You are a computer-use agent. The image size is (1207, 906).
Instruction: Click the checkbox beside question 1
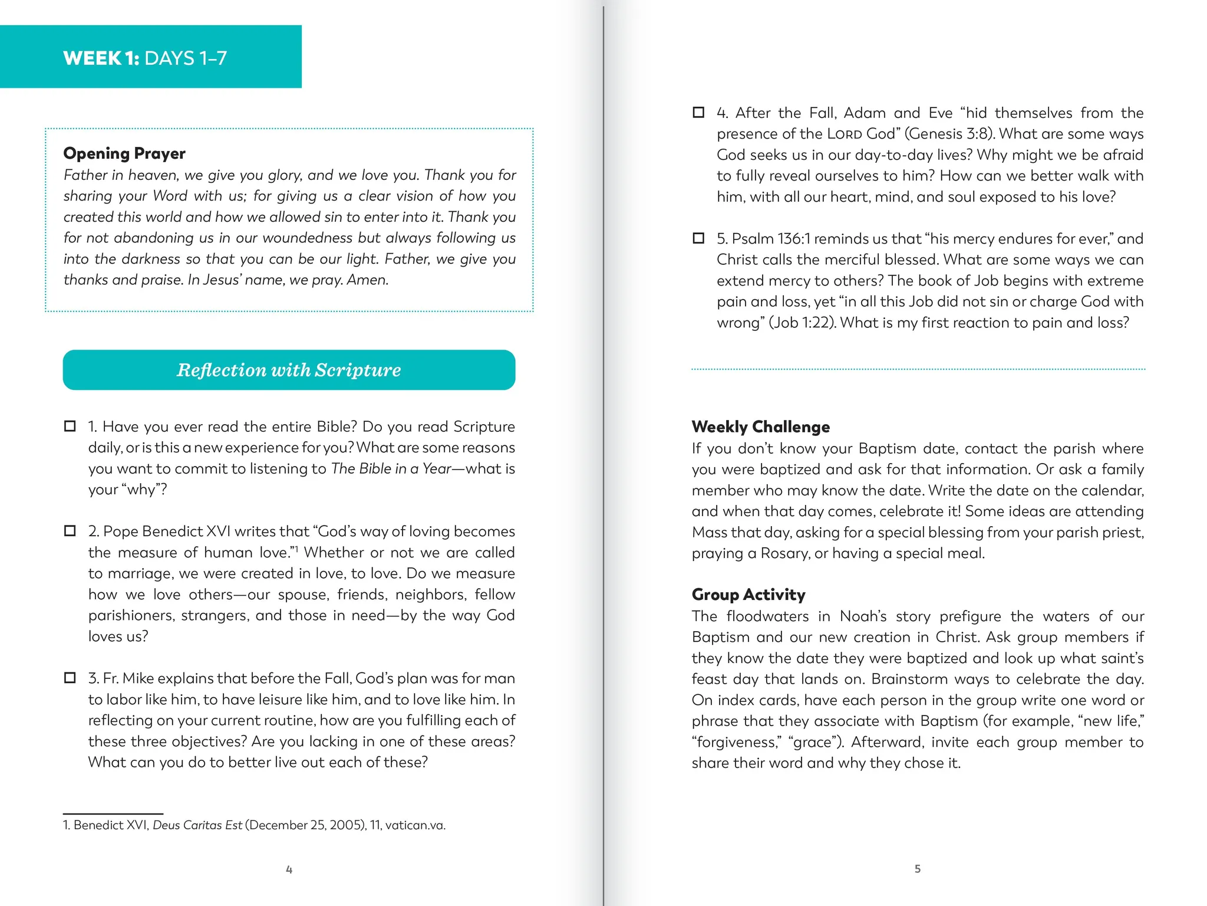[70, 426]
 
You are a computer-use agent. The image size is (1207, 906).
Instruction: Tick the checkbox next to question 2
[70, 531]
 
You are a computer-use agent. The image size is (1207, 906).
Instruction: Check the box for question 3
[70, 678]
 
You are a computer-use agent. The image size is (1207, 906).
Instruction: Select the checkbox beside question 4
[698, 112]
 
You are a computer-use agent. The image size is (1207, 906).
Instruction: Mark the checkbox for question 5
[698, 238]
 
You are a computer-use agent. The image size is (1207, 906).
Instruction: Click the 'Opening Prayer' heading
[124, 153]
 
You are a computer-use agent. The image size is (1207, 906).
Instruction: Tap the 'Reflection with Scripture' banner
[289, 370]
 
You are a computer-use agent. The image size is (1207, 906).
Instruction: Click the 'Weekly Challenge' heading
[760, 426]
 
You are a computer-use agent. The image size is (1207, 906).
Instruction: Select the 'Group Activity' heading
[748, 594]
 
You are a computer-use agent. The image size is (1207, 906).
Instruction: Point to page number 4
[289, 869]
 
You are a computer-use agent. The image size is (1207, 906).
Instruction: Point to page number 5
[917, 868]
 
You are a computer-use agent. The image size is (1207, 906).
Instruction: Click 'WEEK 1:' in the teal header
[101, 58]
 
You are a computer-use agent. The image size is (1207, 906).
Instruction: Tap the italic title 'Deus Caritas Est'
[197, 825]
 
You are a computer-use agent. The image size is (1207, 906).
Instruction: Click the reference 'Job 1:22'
[801, 323]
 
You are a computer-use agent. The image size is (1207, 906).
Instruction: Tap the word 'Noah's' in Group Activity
[863, 616]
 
